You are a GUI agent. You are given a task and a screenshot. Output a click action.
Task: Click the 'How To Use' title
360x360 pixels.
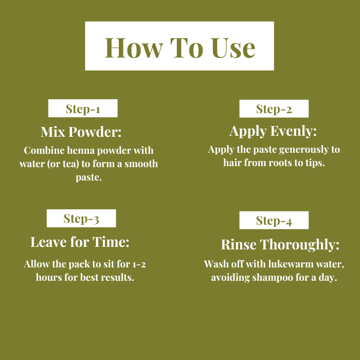coord(180,48)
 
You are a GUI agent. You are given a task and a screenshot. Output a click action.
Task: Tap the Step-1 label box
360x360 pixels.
coord(83,109)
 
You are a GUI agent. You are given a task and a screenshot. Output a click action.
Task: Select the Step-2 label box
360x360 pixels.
coord(274,109)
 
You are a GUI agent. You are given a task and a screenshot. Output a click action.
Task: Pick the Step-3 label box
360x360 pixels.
coord(81,219)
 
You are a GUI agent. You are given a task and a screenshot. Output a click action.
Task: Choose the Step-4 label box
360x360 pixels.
coord(274,220)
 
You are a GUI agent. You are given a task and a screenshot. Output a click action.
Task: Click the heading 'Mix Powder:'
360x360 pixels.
coord(81,132)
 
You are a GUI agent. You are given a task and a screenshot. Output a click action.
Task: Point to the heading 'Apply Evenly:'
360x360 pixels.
coord(273,131)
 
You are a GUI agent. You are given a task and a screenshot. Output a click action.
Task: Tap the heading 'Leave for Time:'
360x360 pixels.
coord(80,242)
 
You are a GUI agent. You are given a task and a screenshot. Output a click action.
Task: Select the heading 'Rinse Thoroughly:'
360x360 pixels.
coord(280,244)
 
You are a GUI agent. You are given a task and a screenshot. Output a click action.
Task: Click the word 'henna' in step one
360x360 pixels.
coord(81,150)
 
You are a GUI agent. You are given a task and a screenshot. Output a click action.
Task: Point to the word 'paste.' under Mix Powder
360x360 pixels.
coord(88,177)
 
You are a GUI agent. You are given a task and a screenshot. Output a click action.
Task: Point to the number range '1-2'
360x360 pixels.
coord(139,264)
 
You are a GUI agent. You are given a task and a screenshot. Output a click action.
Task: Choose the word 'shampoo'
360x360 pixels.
coord(273,278)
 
